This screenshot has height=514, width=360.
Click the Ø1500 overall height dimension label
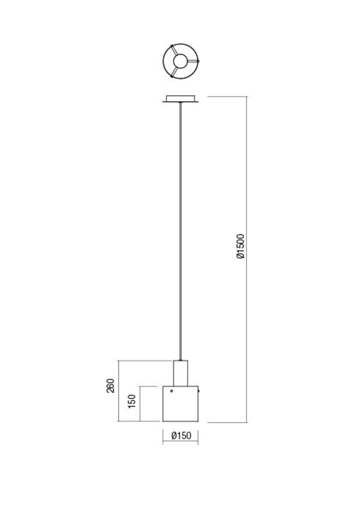point(240,246)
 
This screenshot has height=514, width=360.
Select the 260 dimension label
point(110,386)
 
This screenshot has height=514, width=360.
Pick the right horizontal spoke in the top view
point(193,61)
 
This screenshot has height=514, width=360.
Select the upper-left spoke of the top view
point(174,50)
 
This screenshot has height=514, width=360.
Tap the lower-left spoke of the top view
point(174,72)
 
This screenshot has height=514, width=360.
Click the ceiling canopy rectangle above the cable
point(180,99)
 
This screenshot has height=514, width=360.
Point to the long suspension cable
point(180,231)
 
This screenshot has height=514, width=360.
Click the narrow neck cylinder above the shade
point(180,373)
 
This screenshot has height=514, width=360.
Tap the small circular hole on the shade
point(171,391)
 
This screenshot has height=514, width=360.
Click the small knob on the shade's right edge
point(199,391)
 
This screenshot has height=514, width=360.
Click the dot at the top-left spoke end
point(172,46)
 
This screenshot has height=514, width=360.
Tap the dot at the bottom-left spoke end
point(172,77)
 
